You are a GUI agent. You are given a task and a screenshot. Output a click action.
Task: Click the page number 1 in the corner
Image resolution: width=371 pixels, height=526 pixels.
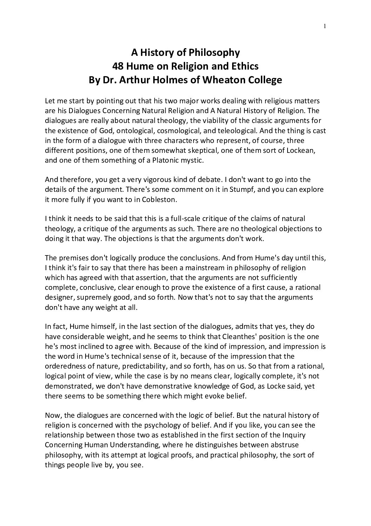325,26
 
